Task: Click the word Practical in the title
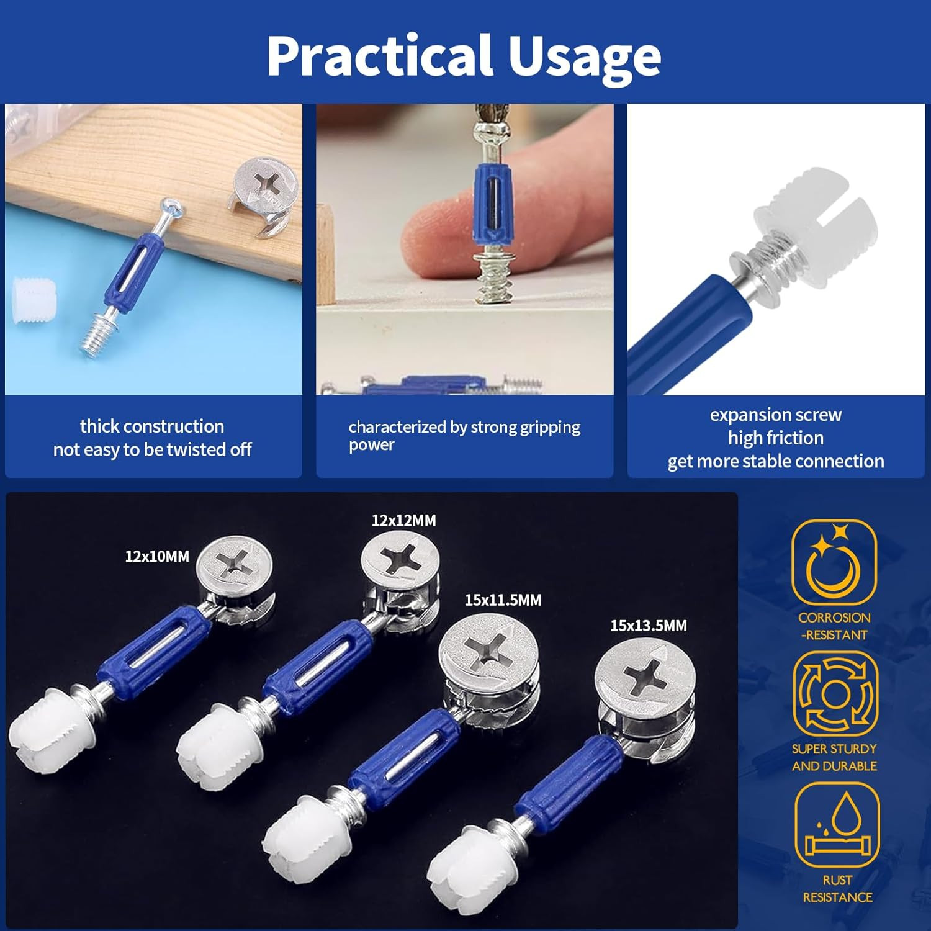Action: point(379,56)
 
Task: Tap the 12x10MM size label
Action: point(157,557)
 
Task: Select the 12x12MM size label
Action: point(403,520)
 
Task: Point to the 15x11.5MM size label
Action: point(503,600)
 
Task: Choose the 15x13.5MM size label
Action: point(648,626)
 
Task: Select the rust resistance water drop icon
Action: point(837,825)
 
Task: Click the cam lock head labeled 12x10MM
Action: point(236,566)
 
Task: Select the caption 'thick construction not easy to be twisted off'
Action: point(153,438)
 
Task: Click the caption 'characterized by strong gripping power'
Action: point(464,435)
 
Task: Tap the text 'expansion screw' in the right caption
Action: point(775,415)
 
